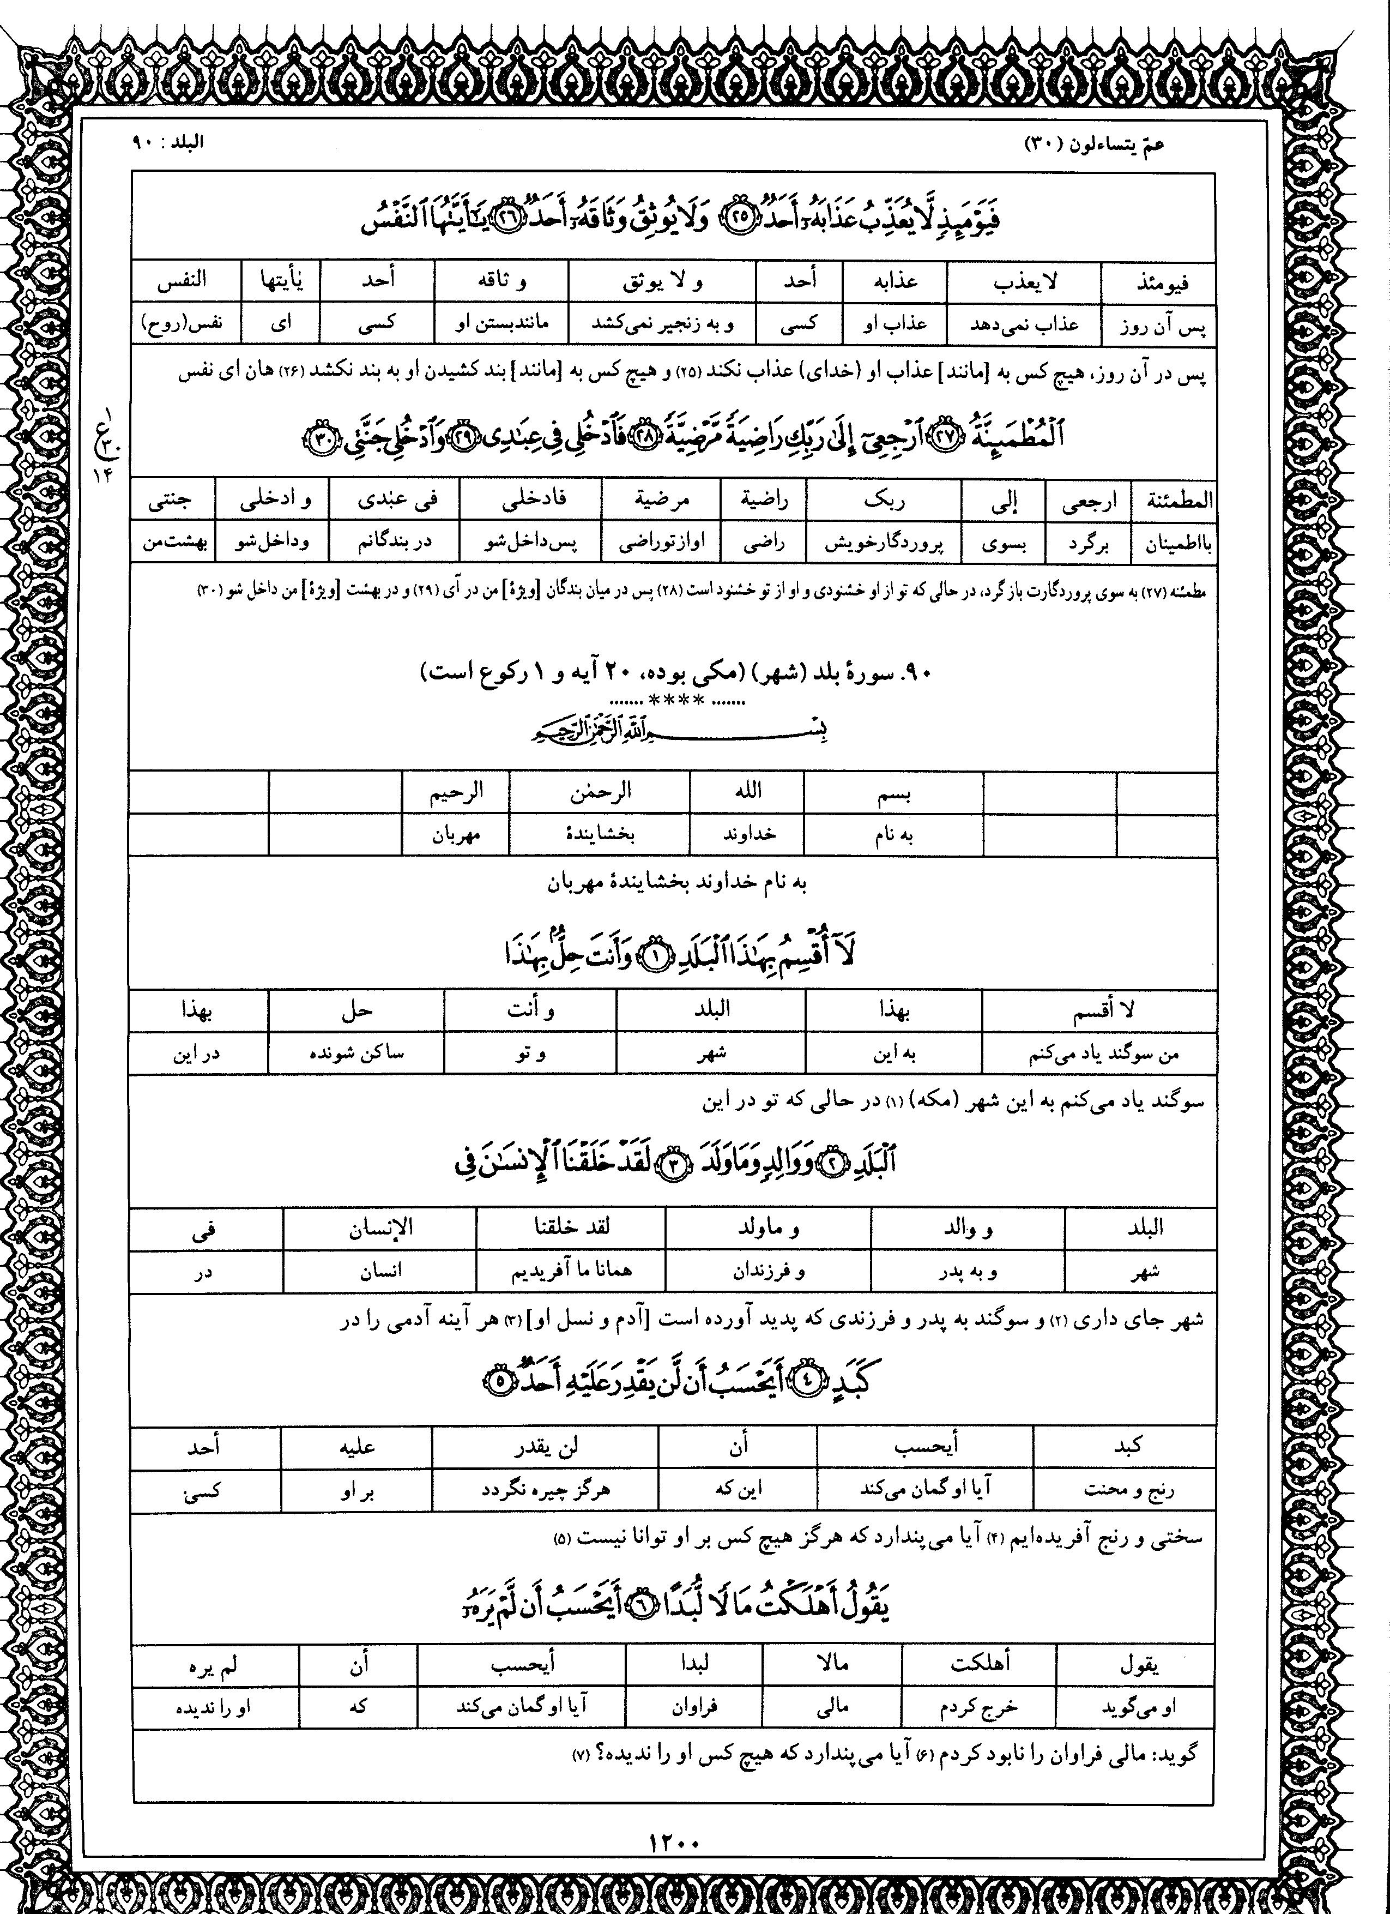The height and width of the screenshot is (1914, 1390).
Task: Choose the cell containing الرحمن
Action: tap(599, 792)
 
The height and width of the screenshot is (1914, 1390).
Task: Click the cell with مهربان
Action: tap(456, 835)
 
